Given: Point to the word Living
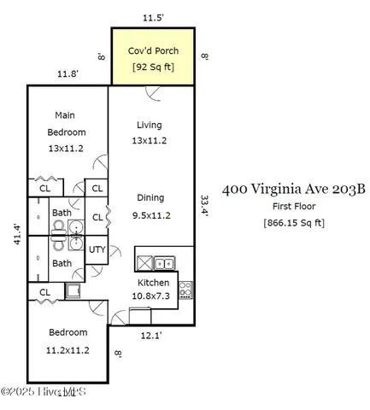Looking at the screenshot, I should pyautogui.click(x=149, y=125).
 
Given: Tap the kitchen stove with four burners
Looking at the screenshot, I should pyautogui.click(x=185, y=289).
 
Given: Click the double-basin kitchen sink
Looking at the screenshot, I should pyautogui.click(x=164, y=262).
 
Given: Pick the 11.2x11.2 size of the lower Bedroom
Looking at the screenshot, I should pyautogui.click(x=68, y=348).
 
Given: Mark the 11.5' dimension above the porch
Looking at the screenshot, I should pyautogui.click(x=153, y=16).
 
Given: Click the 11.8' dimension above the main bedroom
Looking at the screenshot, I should pyautogui.click(x=68, y=74).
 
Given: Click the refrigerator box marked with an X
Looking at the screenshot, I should pyautogui.click(x=144, y=262).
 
